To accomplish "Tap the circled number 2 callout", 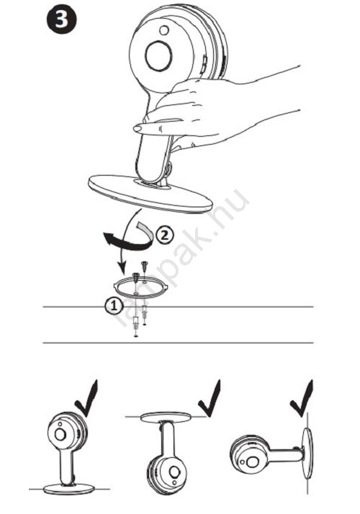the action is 164,235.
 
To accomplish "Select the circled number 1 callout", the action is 114,306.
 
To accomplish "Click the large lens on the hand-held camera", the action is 158,55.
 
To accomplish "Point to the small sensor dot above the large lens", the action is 164,30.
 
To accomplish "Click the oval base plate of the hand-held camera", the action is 150,194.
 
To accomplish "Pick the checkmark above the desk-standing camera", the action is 87,399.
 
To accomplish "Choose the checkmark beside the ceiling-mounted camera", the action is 210,399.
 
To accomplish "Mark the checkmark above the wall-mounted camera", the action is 302,399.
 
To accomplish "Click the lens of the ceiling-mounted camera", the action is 174,472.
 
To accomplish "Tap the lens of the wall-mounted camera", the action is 252,462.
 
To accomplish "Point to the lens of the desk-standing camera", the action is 60,434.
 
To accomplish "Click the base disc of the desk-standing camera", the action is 69,488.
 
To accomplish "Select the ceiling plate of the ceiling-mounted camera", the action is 166,417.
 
